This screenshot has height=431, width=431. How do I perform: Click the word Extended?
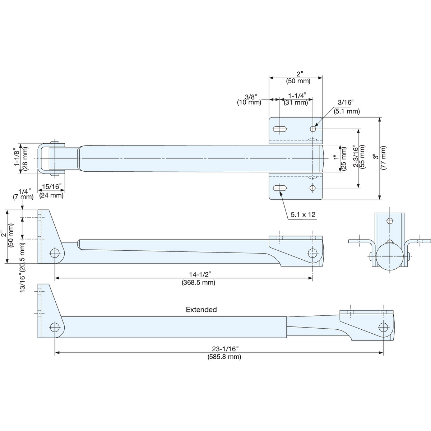coord(201,310)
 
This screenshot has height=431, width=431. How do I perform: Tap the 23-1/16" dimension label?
coord(225,349)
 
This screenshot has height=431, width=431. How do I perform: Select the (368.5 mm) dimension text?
coord(198,283)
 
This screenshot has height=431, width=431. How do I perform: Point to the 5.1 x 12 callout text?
coord(303,215)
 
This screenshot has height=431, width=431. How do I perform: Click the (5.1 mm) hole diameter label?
coord(347,111)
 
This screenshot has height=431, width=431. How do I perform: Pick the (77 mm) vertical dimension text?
coord(383,158)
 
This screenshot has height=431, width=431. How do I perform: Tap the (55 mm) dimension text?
coord(362,156)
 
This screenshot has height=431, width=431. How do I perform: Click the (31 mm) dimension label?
coord(296,103)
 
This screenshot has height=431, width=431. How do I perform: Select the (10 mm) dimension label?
coord(249,102)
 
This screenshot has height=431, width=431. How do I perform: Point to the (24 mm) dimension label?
coord(51,195)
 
